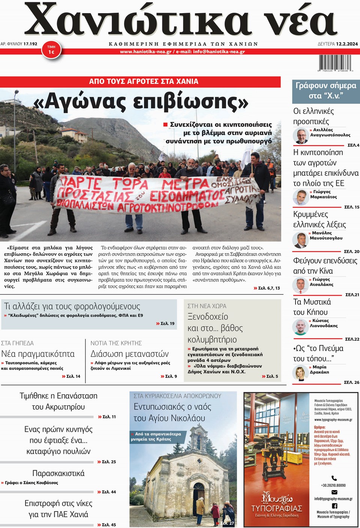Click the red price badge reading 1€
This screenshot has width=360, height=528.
tap(51, 50)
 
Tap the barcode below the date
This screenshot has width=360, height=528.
tap(335, 63)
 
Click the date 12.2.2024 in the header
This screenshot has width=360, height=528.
tap(347, 44)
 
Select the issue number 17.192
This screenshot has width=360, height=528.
tap(30, 44)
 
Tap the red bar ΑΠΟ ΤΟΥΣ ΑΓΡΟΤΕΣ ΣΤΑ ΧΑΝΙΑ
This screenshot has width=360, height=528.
tap(144, 81)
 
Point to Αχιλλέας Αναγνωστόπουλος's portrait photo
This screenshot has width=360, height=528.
tap(301, 136)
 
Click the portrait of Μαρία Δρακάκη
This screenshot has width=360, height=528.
tap(300, 373)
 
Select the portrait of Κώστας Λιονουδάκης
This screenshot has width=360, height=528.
tap(300, 327)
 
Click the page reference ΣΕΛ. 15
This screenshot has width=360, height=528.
tap(351, 207)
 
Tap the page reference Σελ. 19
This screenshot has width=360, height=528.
tap(165, 323)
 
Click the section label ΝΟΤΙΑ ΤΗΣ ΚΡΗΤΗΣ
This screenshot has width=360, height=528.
tap(116, 343)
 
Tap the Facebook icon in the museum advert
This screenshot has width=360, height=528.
tap(334, 505)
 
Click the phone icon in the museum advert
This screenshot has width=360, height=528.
tap(334, 478)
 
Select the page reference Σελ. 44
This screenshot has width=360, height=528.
tap(107, 492)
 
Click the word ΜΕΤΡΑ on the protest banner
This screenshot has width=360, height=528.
tap(185, 184)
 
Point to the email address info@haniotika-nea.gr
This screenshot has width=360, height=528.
tap(219, 52)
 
